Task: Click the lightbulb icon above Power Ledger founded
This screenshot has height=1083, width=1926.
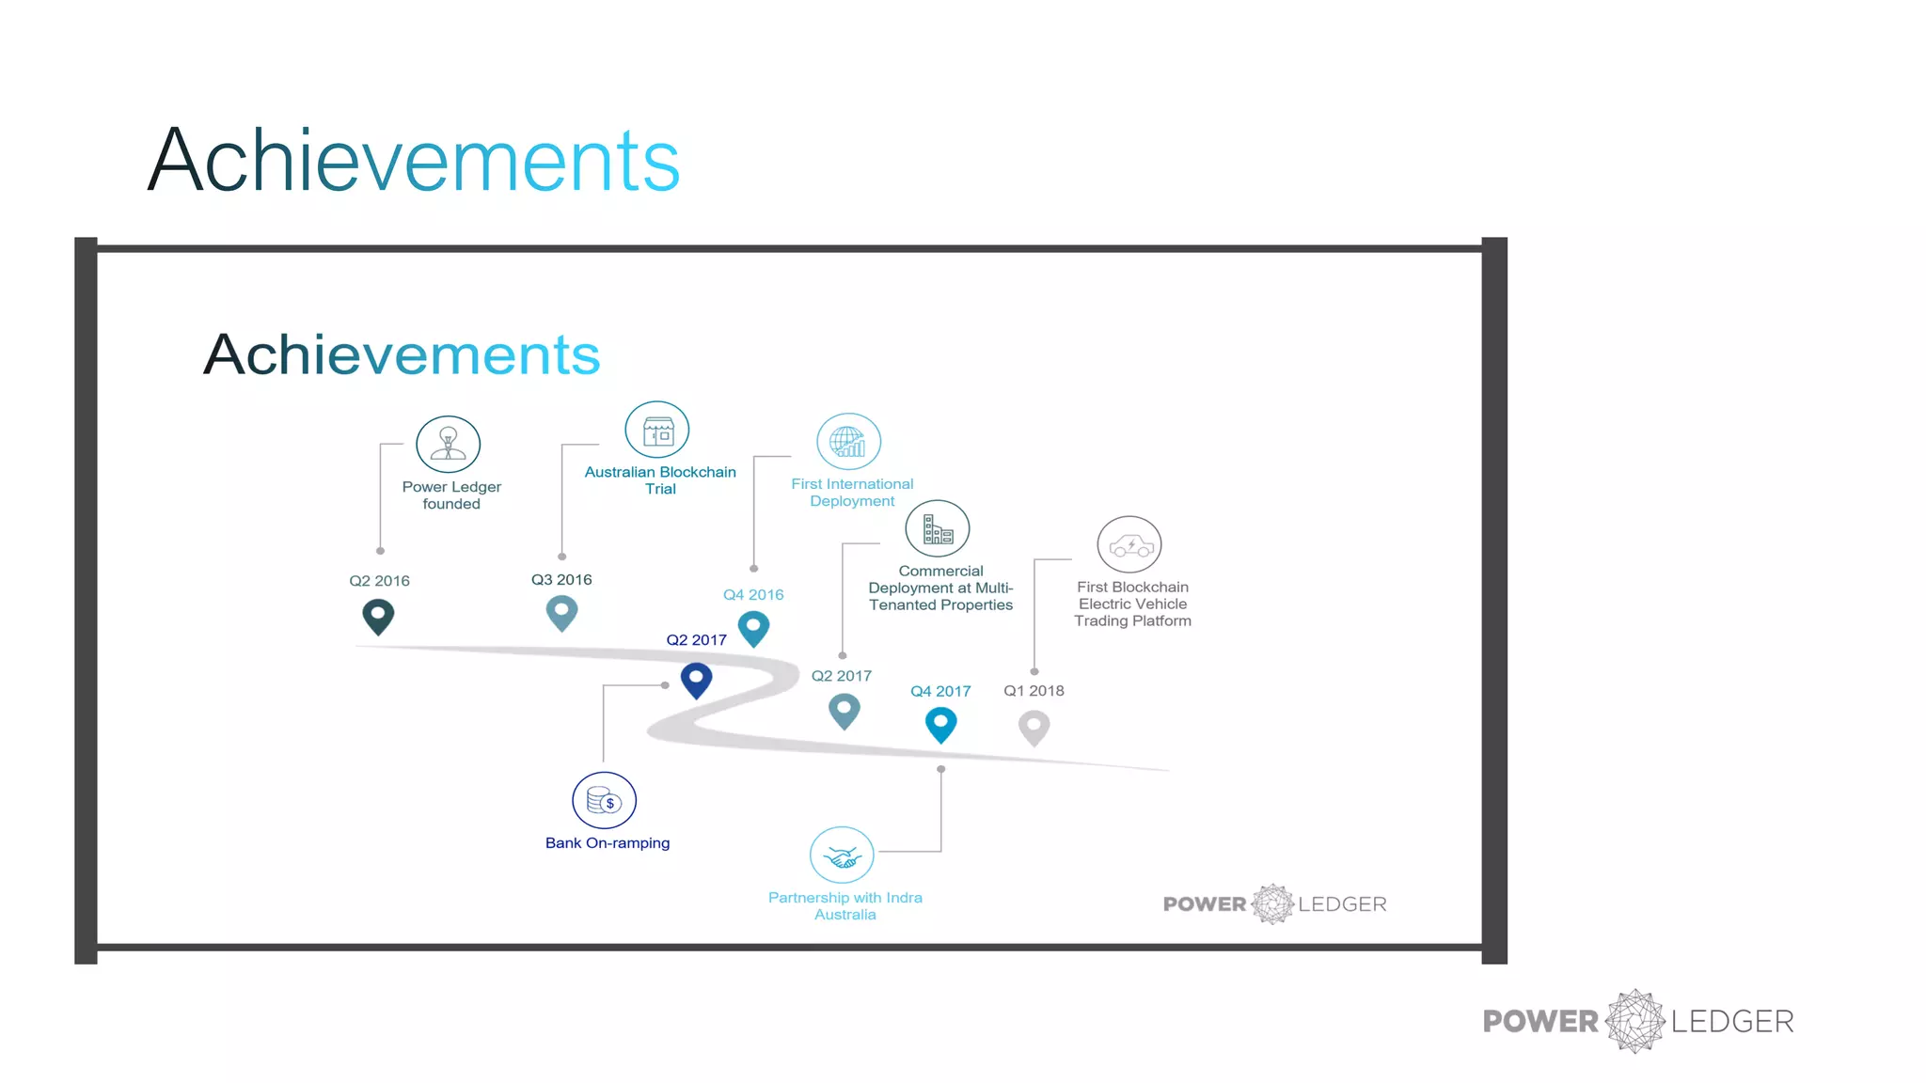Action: (448, 444)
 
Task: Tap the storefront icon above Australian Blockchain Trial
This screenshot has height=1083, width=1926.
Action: (657, 431)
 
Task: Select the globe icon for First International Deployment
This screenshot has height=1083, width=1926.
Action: (848, 441)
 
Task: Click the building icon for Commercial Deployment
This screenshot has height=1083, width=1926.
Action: (938, 528)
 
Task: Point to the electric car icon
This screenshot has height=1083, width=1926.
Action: (1129, 544)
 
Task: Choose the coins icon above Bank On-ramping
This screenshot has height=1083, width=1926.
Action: (604, 800)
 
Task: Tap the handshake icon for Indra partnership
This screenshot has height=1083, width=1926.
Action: (842, 855)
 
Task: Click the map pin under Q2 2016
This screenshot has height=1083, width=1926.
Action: (378, 617)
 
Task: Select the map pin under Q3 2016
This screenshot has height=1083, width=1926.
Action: (561, 613)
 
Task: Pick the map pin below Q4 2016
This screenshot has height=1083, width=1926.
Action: (753, 628)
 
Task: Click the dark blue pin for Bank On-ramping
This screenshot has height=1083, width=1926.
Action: (696, 679)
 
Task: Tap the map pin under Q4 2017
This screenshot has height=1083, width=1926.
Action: (940, 725)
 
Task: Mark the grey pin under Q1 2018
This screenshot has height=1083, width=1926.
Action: (1034, 728)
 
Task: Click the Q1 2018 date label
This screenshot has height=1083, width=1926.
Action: (1034, 691)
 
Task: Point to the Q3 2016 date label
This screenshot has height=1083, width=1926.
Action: (561, 580)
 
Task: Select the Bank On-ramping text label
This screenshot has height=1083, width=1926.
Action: (608, 843)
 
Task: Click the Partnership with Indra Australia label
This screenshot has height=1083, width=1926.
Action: (845, 905)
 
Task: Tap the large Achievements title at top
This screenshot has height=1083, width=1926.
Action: (414, 161)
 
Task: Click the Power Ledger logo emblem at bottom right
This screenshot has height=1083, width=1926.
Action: (1635, 1021)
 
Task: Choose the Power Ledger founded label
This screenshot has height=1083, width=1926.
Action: (451, 495)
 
